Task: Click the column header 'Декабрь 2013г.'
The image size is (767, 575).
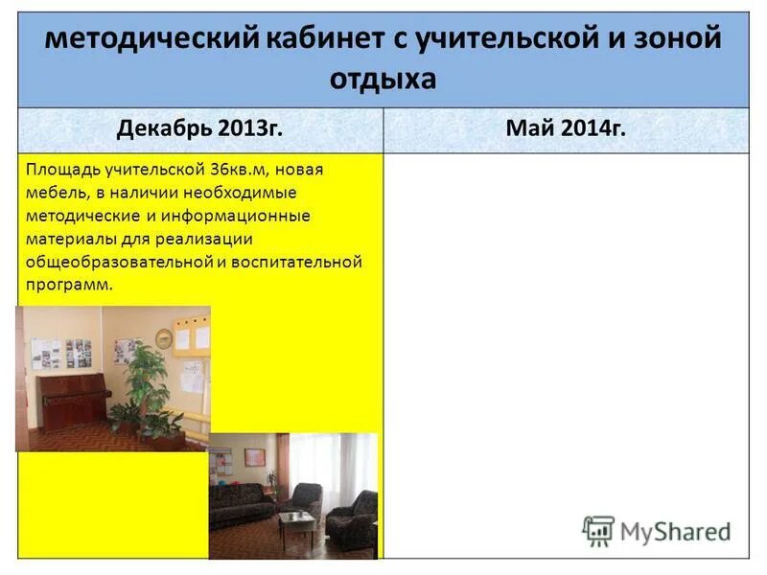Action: [200, 129]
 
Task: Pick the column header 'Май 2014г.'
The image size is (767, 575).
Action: [567, 129]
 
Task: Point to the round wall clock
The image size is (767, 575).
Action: [165, 338]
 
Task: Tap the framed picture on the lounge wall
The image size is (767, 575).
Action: [256, 457]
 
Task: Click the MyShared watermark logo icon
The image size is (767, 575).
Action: [599, 531]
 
